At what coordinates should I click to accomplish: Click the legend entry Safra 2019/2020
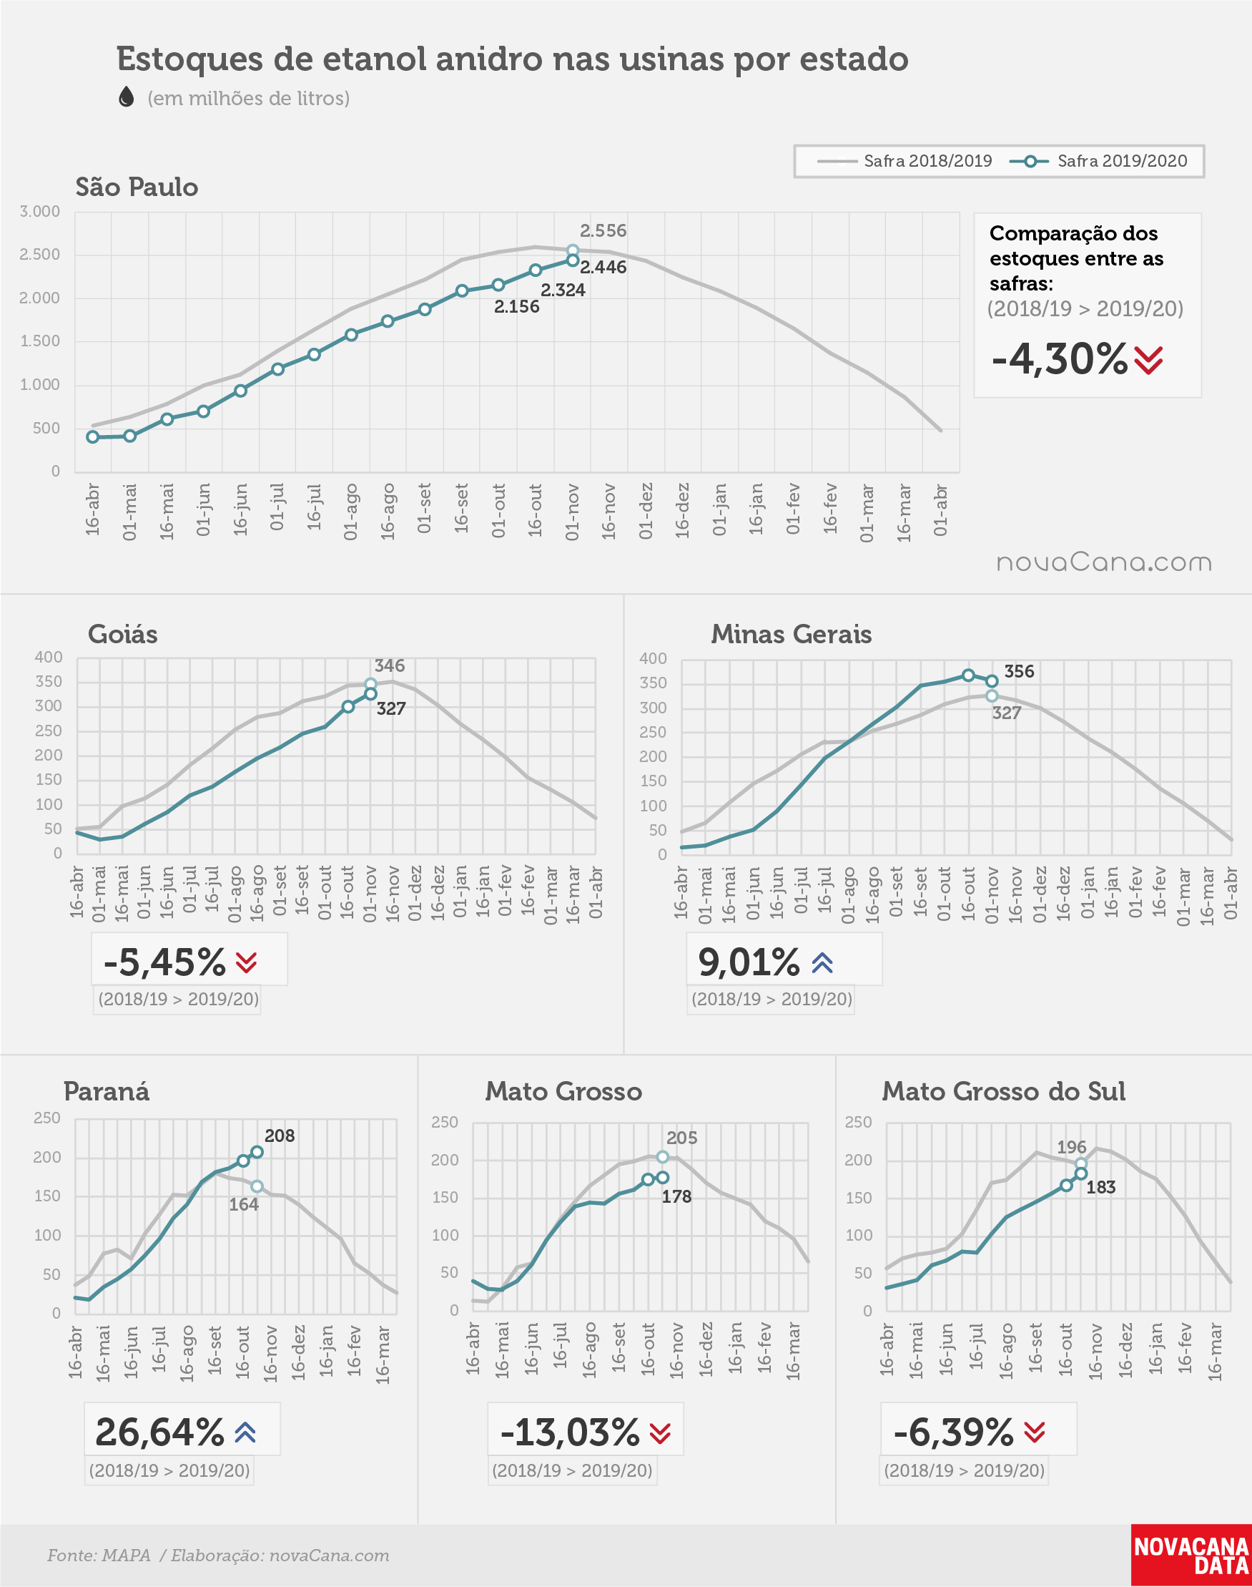[x=1098, y=161]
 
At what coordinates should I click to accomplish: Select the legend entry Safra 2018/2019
[x=904, y=161]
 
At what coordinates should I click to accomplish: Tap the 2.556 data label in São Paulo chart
[x=603, y=231]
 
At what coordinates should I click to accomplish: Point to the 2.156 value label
[x=517, y=306]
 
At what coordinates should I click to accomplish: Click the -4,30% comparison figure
[x=1059, y=359]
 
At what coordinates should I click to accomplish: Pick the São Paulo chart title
[x=137, y=187]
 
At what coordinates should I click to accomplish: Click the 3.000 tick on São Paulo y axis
[x=39, y=212]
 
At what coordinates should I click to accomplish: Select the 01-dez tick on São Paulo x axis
[x=646, y=511]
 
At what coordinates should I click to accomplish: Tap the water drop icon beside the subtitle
[x=126, y=97]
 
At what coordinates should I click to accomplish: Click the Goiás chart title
[x=122, y=635]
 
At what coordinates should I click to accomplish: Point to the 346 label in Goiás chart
[x=389, y=666]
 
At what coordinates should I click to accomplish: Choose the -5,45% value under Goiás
[x=165, y=962]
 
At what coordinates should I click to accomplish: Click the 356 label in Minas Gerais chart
[x=1019, y=672]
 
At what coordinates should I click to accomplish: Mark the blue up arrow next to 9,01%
[x=822, y=963]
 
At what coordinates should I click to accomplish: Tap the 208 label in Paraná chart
[x=280, y=1136]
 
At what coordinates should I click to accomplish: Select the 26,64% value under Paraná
[x=159, y=1432]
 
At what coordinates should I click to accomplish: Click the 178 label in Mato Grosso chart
[x=676, y=1197]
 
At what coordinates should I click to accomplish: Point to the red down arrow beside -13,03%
[x=661, y=1433]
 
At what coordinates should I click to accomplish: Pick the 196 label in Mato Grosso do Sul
[x=1072, y=1147]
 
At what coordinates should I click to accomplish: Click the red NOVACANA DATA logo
[x=1191, y=1555]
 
